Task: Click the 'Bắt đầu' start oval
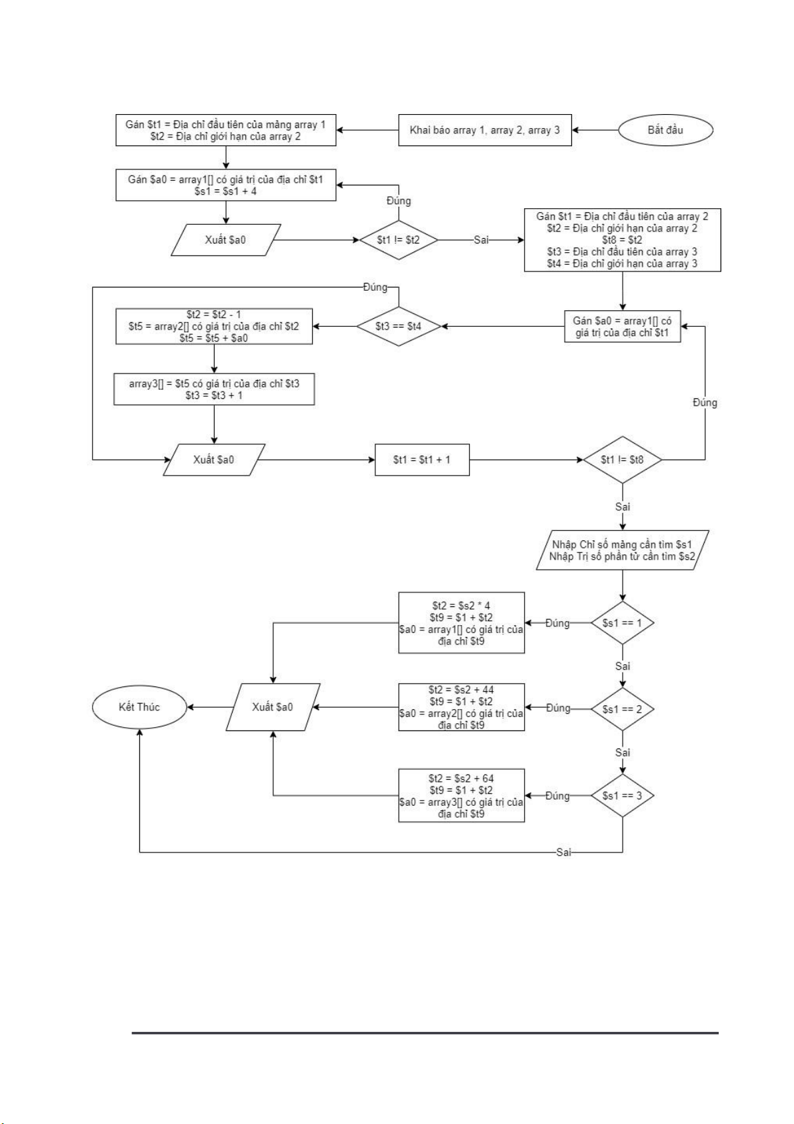665,130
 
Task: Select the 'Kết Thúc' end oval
139,707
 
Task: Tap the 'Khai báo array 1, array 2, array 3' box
485,130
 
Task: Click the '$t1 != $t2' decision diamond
399,239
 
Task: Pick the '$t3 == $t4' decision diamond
398,326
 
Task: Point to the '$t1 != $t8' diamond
622,460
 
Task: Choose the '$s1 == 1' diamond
622,623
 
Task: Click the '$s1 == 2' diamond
622,708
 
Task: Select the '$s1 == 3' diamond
622,795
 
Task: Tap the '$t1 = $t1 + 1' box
422,460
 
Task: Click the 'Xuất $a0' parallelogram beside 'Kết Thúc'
273,707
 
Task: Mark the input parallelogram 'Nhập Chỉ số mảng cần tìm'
622,550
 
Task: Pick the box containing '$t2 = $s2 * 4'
461,623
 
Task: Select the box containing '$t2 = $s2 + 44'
461,707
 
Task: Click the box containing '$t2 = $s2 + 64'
461,795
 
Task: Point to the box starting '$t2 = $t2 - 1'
214,326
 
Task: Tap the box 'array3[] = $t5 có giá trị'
214,390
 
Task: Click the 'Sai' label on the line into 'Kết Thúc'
564,853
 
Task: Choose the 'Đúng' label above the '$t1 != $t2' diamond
399,201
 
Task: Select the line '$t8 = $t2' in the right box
622,240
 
